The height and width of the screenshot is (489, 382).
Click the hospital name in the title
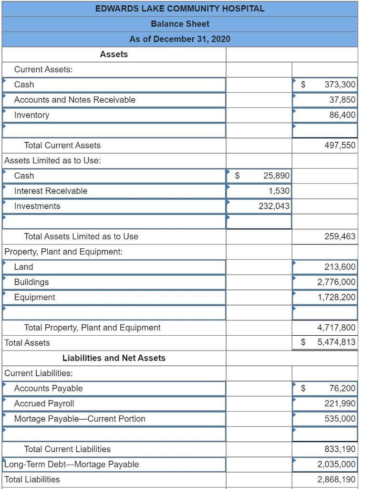coord(180,8)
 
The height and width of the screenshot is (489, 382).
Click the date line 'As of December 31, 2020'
coord(180,39)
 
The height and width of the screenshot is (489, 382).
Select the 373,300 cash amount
coord(340,85)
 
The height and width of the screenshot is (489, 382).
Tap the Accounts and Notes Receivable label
coord(75,100)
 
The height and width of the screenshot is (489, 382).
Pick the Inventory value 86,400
coord(342,115)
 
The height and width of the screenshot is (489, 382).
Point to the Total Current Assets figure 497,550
coord(340,145)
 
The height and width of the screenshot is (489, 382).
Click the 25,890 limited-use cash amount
coord(276,176)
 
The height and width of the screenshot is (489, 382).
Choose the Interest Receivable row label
coord(51,191)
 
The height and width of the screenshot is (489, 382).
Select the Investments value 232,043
coord(274,206)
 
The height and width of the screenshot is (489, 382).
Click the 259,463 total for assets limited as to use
coord(340,236)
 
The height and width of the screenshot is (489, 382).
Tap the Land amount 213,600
coord(340,267)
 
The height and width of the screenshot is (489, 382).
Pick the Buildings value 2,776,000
coord(336,282)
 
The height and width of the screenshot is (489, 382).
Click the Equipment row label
coord(35,298)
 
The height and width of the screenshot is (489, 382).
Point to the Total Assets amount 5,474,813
coord(336,343)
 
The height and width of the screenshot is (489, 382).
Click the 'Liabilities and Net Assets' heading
coord(114,358)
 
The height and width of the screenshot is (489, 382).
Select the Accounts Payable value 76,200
coord(342,389)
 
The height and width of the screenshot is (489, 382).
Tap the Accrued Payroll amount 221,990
coord(340,404)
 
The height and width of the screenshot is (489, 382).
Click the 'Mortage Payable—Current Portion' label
coord(80,419)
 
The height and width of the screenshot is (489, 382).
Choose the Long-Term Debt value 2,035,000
coord(336,464)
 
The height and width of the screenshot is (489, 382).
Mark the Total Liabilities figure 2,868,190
coord(336,479)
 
